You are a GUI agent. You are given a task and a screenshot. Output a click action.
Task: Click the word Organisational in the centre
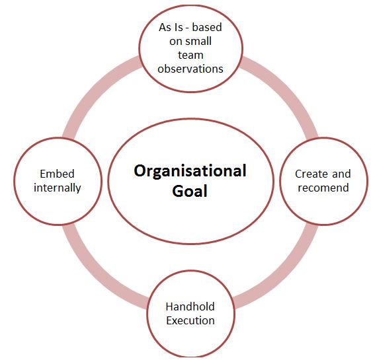pyautogui.click(x=190, y=170)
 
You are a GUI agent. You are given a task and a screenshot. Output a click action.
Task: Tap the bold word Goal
pyautogui.click(x=190, y=191)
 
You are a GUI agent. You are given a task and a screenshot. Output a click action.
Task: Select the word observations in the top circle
pyautogui.click(x=190, y=69)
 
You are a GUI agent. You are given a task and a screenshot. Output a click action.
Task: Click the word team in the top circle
pyautogui.click(x=190, y=55)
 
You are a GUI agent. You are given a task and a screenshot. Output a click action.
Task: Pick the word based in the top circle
pyautogui.click(x=207, y=27)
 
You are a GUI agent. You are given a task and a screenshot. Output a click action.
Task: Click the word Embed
pyautogui.click(x=58, y=174)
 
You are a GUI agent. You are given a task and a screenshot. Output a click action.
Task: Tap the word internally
pyautogui.click(x=58, y=188)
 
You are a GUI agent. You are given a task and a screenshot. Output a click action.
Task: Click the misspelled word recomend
pyautogui.click(x=323, y=188)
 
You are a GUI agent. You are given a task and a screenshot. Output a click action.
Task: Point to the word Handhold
pyautogui.click(x=190, y=306)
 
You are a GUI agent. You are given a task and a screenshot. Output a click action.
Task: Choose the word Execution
pyautogui.click(x=190, y=320)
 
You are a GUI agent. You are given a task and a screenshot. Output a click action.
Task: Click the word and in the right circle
pyautogui.click(x=341, y=174)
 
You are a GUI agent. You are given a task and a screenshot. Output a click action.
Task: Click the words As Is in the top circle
pyautogui.click(x=171, y=27)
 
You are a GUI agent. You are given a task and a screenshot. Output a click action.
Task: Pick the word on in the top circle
pyautogui.click(x=175, y=42)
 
